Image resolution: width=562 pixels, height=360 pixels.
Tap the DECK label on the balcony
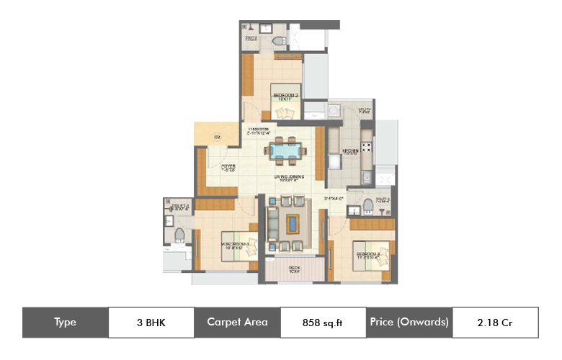[x=295, y=269]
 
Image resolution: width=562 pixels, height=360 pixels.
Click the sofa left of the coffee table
[x=272, y=223]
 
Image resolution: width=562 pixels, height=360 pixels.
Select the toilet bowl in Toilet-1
[x=179, y=234]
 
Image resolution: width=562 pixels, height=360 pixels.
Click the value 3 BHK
[x=151, y=322]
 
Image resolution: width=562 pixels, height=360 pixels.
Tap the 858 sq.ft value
[x=323, y=322]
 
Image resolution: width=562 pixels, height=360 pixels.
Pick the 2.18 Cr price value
[x=495, y=322]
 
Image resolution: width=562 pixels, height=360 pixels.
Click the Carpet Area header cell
[x=237, y=322]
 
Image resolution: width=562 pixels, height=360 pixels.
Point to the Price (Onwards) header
[x=409, y=322]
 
